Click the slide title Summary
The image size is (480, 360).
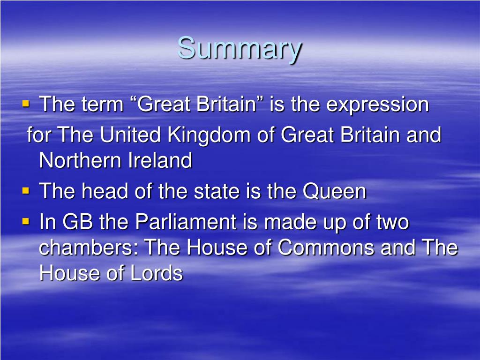pyautogui.click(x=240, y=49)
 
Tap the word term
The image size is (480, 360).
pyautogui.click(x=102, y=105)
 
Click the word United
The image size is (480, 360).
pyautogui.click(x=132, y=135)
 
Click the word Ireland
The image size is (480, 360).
pyautogui.click(x=160, y=161)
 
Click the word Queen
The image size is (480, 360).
pyautogui.click(x=334, y=191)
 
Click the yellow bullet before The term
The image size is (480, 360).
pyautogui.click(x=26, y=103)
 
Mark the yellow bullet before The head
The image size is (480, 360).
pyautogui.click(x=26, y=190)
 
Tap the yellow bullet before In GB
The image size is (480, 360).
pyautogui.click(x=26, y=220)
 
